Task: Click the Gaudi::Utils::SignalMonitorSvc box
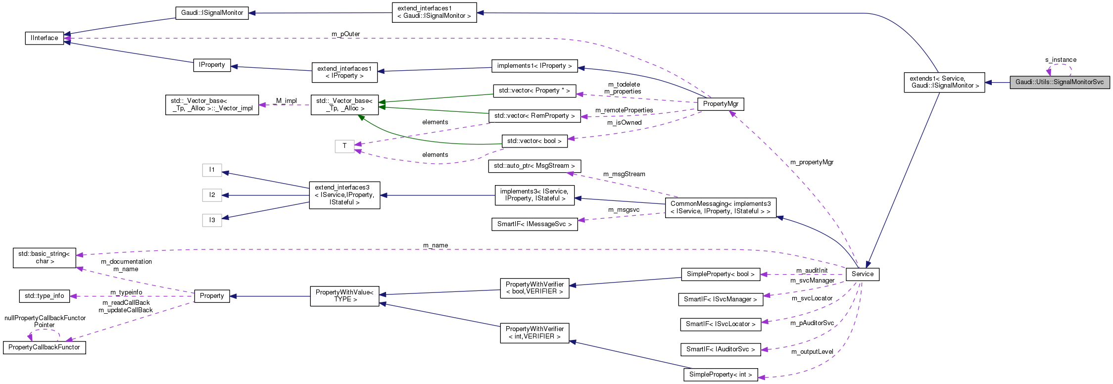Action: point(1060,83)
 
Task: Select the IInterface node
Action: point(45,38)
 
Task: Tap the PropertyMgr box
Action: point(720,104)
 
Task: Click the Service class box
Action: point(862,274)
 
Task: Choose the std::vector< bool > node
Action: point(534,141)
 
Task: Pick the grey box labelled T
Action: point(344,146)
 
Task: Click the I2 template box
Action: point(212,195)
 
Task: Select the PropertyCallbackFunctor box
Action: point(44,347)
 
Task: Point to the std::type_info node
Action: point(44,296)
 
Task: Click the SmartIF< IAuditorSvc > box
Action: point(720,349)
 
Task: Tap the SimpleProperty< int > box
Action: point(720,375)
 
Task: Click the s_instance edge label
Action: point(1061,60)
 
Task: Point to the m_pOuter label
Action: point(345,34)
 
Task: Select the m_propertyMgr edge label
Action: point(812,162)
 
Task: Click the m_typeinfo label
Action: point(126,292)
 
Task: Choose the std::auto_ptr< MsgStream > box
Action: point(534,166)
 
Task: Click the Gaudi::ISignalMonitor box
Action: point(212,13)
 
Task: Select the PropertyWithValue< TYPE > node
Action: point(344,296)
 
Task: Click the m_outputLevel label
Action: point(812,352)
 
